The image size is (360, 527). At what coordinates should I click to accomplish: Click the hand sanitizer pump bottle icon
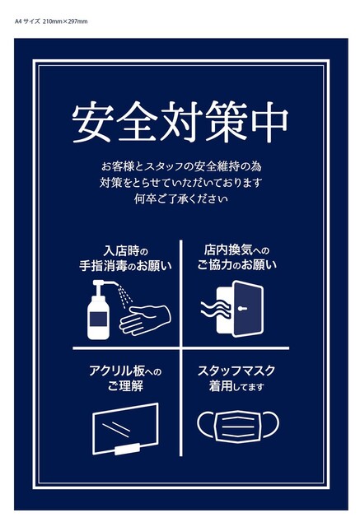[x=101, y=310]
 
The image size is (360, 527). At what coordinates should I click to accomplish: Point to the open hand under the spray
[x=145, y=320]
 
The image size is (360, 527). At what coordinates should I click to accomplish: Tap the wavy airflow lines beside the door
[x=216, y=310]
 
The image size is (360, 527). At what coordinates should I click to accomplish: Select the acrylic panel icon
[x=125, y=429]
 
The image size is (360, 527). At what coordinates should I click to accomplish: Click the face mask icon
[x=237, y=427]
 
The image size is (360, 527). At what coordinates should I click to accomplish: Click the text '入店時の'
[x=126, y=250]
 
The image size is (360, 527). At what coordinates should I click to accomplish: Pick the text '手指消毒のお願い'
[x=125, y=266]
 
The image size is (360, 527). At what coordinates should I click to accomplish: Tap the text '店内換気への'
[x=236, y=250]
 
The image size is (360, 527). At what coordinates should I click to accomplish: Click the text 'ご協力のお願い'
[x=236, y=265]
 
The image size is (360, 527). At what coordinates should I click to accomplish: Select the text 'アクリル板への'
[x=125, y=371]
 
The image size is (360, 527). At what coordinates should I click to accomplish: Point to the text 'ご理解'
[x=125, y=386]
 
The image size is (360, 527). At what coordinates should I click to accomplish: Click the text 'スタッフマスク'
[x=236, y=371]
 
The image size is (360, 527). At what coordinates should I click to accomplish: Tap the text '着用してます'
[x=236, y=386]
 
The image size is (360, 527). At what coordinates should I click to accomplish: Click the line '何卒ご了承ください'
[x=181, y=199]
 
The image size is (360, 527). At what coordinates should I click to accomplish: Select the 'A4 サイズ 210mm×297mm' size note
[x=51, y=21]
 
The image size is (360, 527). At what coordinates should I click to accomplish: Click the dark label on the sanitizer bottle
[x=98, y=319]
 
